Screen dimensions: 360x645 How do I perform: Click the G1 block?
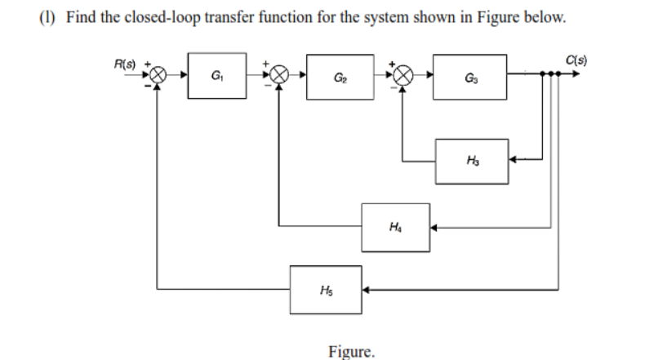click(217, 76)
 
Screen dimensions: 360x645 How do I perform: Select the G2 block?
click(340, 77)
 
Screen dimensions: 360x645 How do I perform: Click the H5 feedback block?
click(326, 289)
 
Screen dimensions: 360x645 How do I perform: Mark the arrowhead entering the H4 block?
click(435, 225)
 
